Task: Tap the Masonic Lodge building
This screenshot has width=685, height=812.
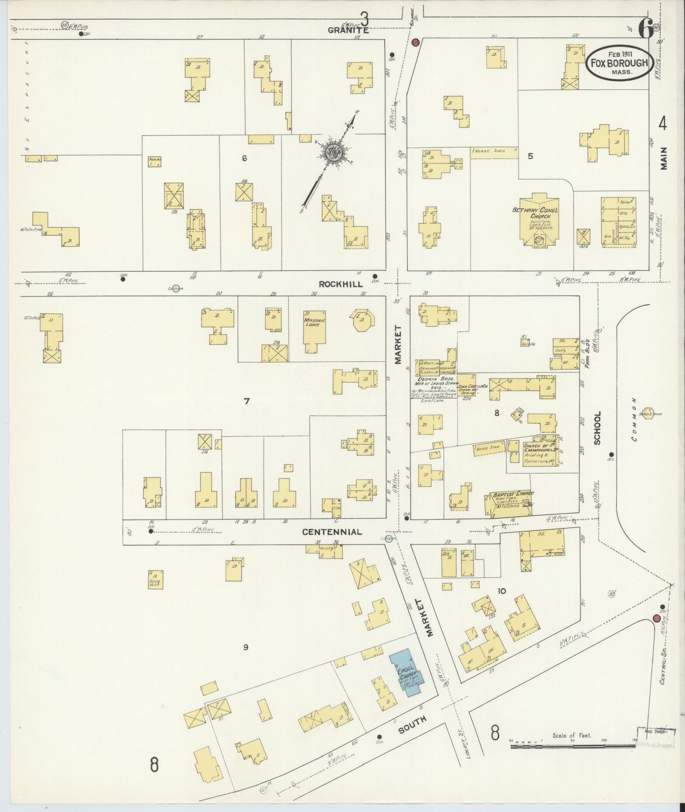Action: [314, 332]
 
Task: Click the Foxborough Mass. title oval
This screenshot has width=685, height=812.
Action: [620, 63]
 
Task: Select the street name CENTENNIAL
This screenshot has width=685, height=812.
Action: [332, 532]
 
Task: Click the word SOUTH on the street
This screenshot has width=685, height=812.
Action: [412, 728]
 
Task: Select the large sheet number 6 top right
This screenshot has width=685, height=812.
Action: [645, 28]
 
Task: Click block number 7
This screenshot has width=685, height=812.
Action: [246, 400]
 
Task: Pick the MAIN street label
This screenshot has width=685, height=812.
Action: [663, 158]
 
